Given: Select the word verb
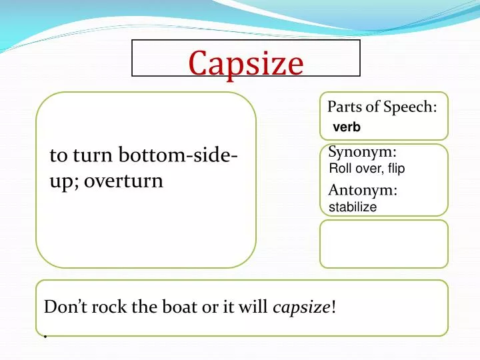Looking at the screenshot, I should [x=346, y=128].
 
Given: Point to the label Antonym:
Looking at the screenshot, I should [x=363, y=191].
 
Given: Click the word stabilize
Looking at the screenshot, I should [x=353, y=207].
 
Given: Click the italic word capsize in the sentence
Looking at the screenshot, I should [x=301, y=307].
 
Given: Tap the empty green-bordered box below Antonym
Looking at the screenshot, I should [x=383, y=243].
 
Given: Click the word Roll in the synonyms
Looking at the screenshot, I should [x=340, y=169].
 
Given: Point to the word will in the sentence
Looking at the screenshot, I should [x=256, y=307].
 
